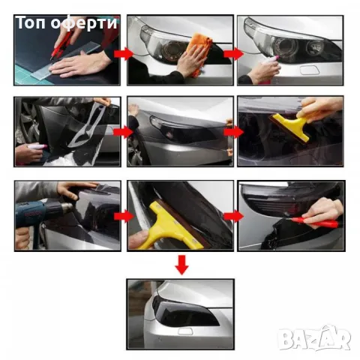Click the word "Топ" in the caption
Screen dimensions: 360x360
tap(31, 22)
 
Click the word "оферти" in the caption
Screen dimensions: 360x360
tap(84, 24)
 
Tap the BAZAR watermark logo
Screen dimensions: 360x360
tap(314, 338)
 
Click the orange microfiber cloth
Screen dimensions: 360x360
tap(199, 51)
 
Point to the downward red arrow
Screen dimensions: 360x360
tap(181, 265)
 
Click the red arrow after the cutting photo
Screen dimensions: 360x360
tap(124, 54)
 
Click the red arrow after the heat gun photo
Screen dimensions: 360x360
tap(124, 217)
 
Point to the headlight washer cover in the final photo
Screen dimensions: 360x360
tap(185, 331)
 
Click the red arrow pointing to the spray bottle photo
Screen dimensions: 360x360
tap(234, 54)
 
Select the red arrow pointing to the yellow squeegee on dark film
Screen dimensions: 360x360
tap(234, 132)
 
